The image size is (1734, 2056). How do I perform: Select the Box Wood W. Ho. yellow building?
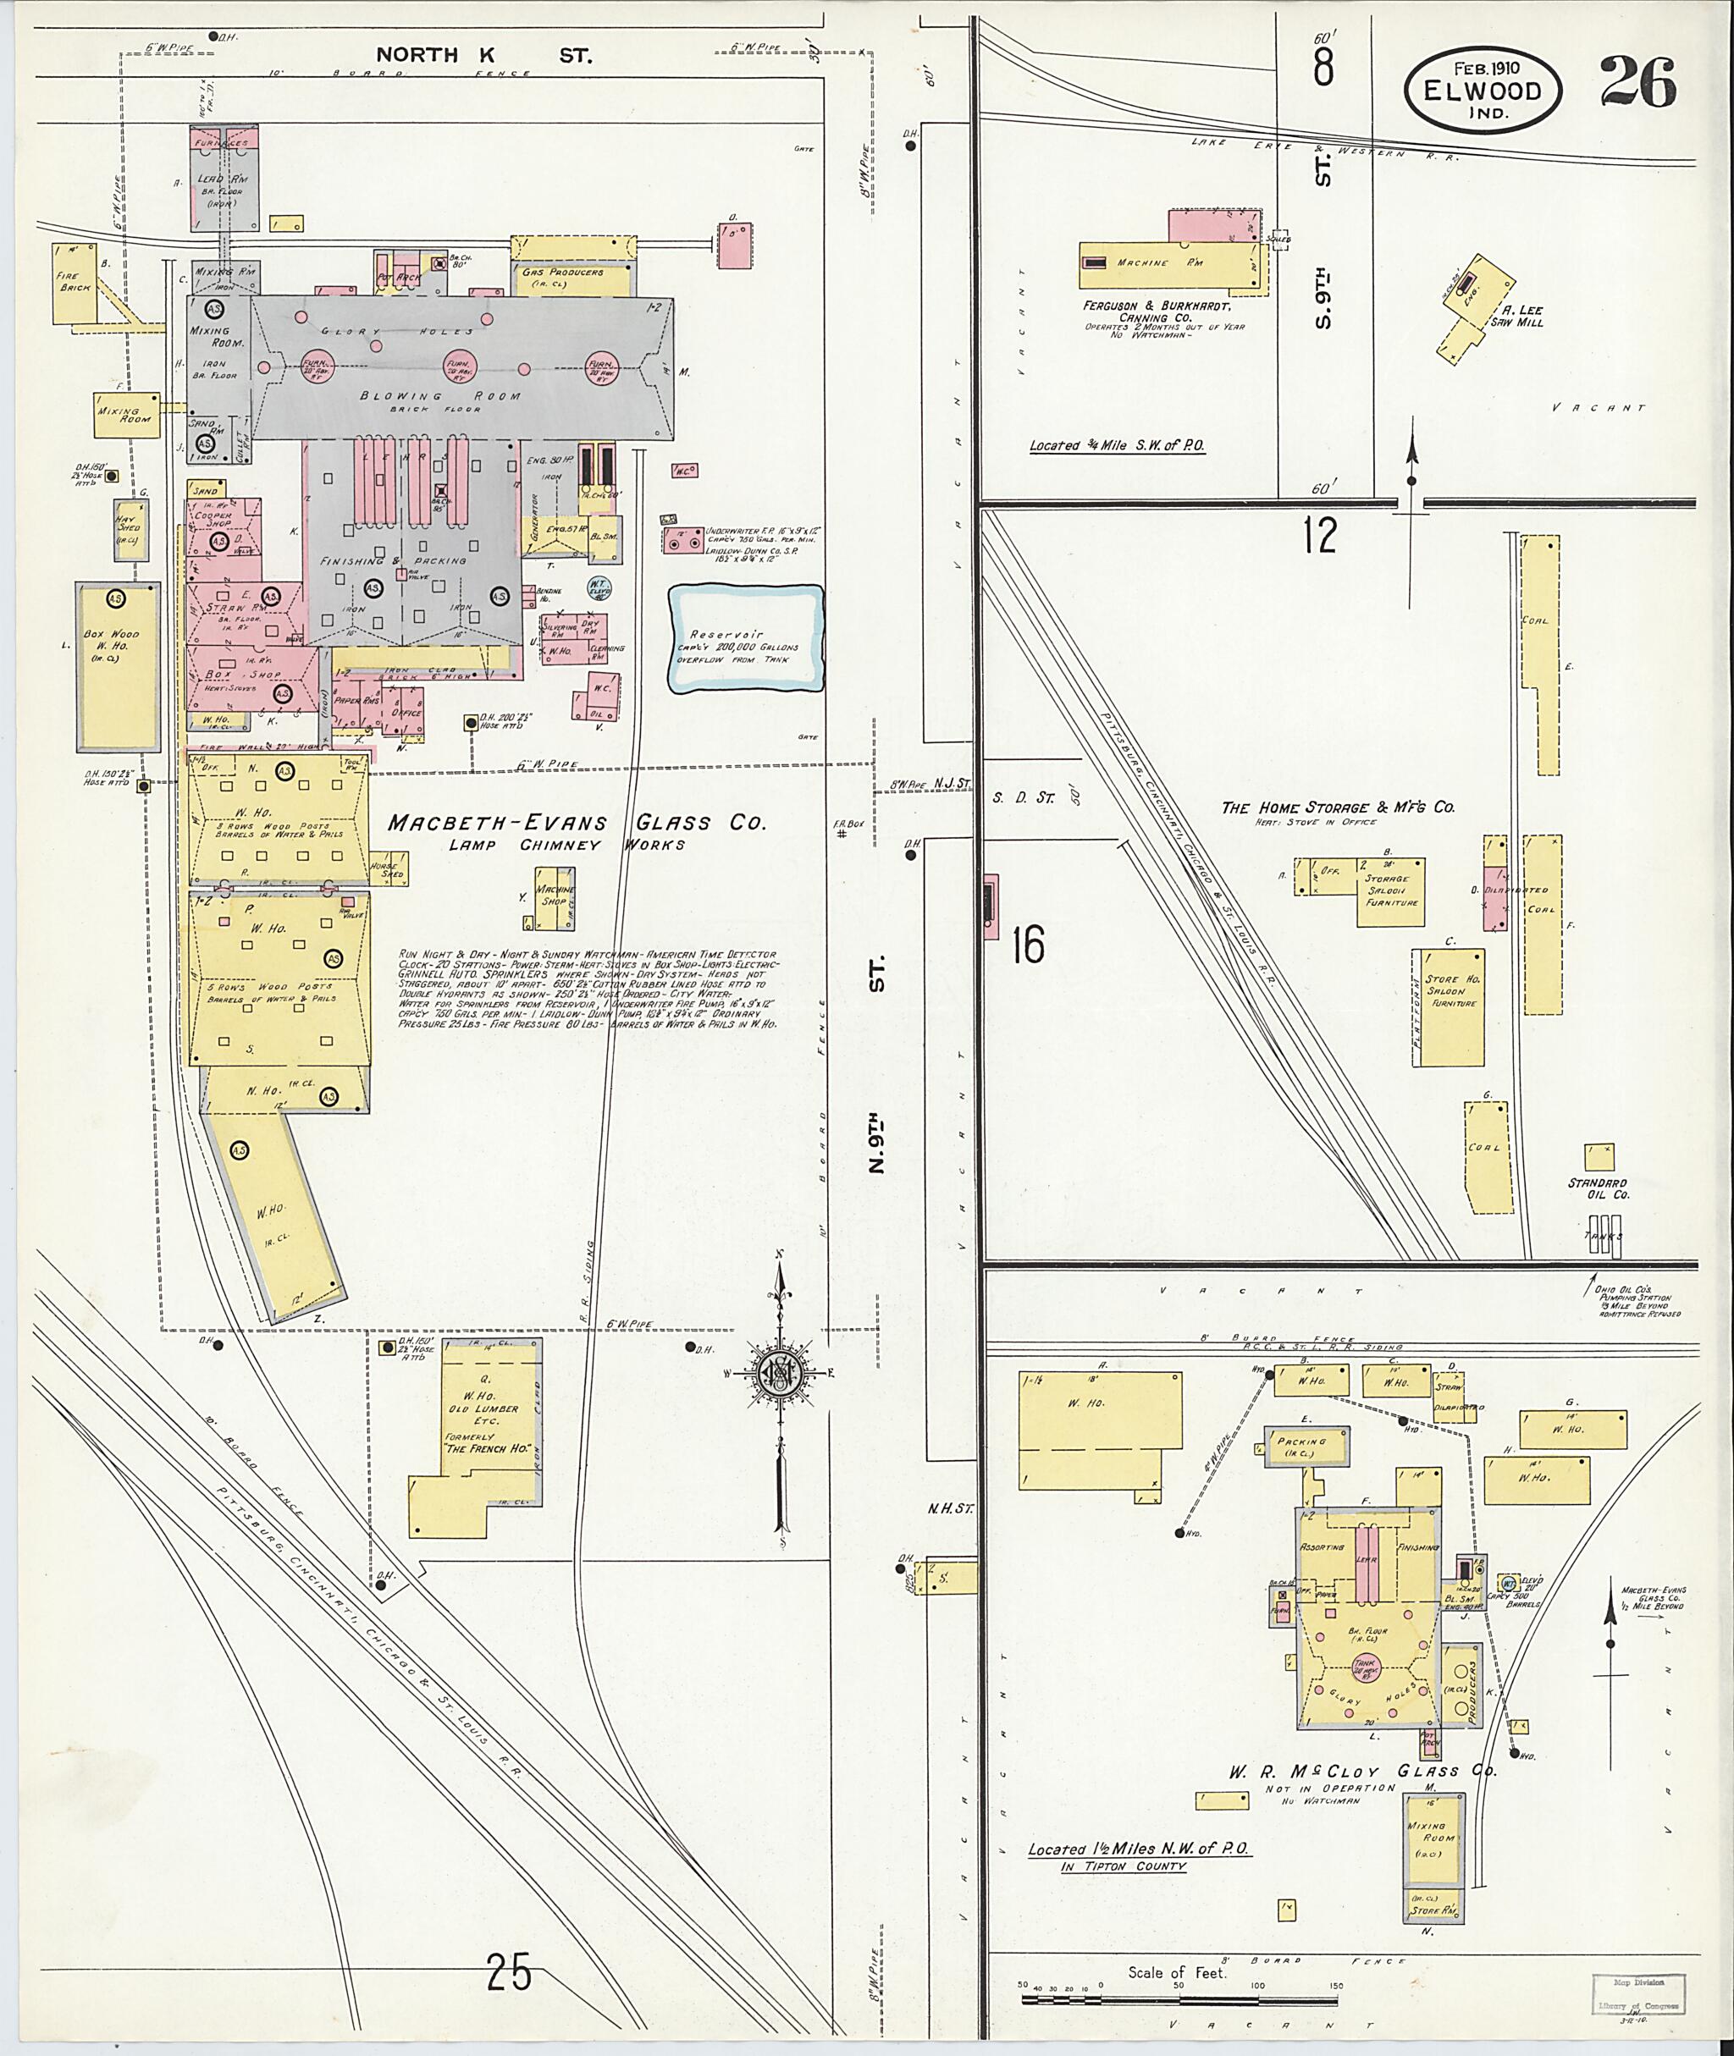117,665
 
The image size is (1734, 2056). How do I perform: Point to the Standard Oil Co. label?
1599,1189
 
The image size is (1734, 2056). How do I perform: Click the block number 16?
1027,945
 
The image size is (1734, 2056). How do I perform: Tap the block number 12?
1321,536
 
